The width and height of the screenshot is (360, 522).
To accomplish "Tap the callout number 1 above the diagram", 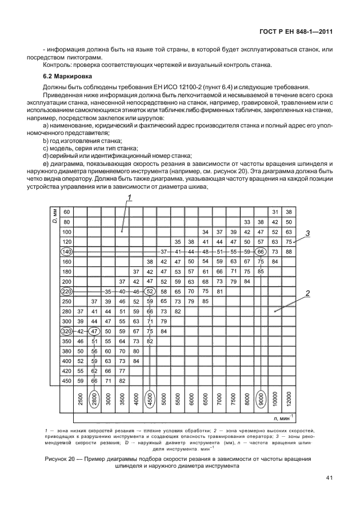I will [x=130, y=198].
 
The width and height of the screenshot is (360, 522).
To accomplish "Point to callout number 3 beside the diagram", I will [x=307, y=233].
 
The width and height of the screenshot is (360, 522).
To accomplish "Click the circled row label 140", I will [x=66, y=252].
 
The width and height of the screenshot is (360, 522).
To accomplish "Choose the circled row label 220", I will [x=66, y=292].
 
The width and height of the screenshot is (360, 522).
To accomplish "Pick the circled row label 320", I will [x=66, y=332].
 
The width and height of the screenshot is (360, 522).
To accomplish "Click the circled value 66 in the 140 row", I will [x=261, y=252].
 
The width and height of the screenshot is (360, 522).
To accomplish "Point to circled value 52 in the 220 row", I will [x=150, y=292].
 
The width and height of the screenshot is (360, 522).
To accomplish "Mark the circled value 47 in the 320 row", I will [x=94, y=332].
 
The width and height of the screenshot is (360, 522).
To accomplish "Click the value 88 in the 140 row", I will [x=289, y=252].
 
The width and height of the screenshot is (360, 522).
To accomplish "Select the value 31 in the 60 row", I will [x=275, y=212].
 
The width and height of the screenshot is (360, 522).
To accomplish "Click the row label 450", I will [x=66, y=381].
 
